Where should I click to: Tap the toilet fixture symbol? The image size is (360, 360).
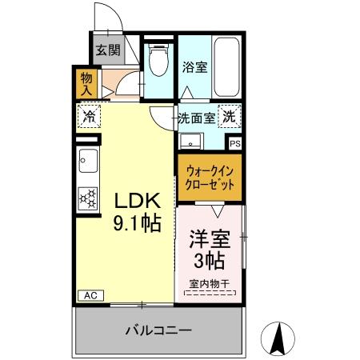tap(157, 58)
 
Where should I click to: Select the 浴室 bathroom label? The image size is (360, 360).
tap(194, 67)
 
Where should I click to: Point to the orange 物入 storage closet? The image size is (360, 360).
tap(86, 83)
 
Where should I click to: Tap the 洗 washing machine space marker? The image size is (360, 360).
tap(230, 118)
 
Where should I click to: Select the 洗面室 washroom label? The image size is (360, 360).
tap(196, 118)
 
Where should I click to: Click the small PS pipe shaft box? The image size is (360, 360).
tap(235, 143)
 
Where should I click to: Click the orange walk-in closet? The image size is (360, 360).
tap(210, 177)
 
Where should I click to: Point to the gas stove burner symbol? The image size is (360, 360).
tap(87, 195)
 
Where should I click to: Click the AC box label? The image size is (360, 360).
tap(90, 295)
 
